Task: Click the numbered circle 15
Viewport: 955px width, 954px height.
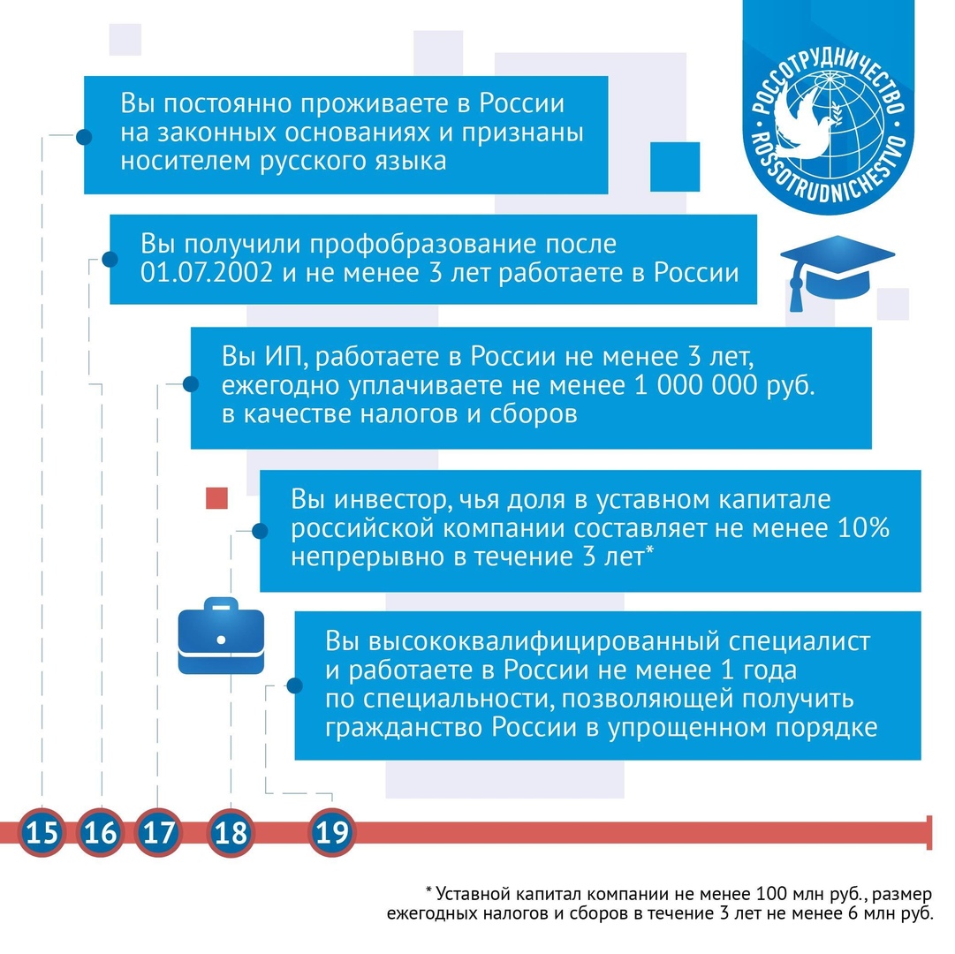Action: click(42, 832)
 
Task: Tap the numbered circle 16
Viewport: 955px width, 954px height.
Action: click(101, 832)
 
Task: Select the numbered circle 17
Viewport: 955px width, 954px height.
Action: click(158, 832)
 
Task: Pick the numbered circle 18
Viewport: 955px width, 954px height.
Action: click(231, 832)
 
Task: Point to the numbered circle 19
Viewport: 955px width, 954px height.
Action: click(332, 832)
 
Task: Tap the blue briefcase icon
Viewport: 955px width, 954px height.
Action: click(221, 636)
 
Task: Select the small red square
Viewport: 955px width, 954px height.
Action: click(216, 498)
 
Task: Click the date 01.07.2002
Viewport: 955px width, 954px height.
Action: click(207, 273)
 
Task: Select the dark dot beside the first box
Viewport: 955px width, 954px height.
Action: click(84, 136)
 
